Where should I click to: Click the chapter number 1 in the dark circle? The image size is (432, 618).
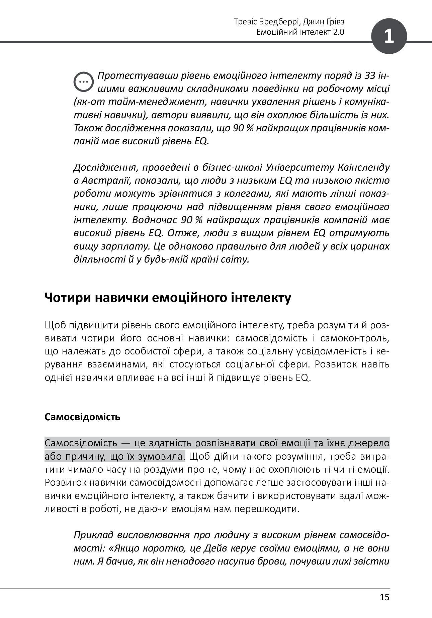tap(389, 36)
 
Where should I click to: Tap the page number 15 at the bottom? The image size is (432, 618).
tap(384, 597)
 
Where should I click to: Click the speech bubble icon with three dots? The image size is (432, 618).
tap(83, 82)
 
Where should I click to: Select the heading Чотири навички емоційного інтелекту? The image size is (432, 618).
tap(168, 298)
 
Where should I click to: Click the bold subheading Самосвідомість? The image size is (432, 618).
tap(82, 417)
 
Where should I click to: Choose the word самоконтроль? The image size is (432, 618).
tap(355, 338)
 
